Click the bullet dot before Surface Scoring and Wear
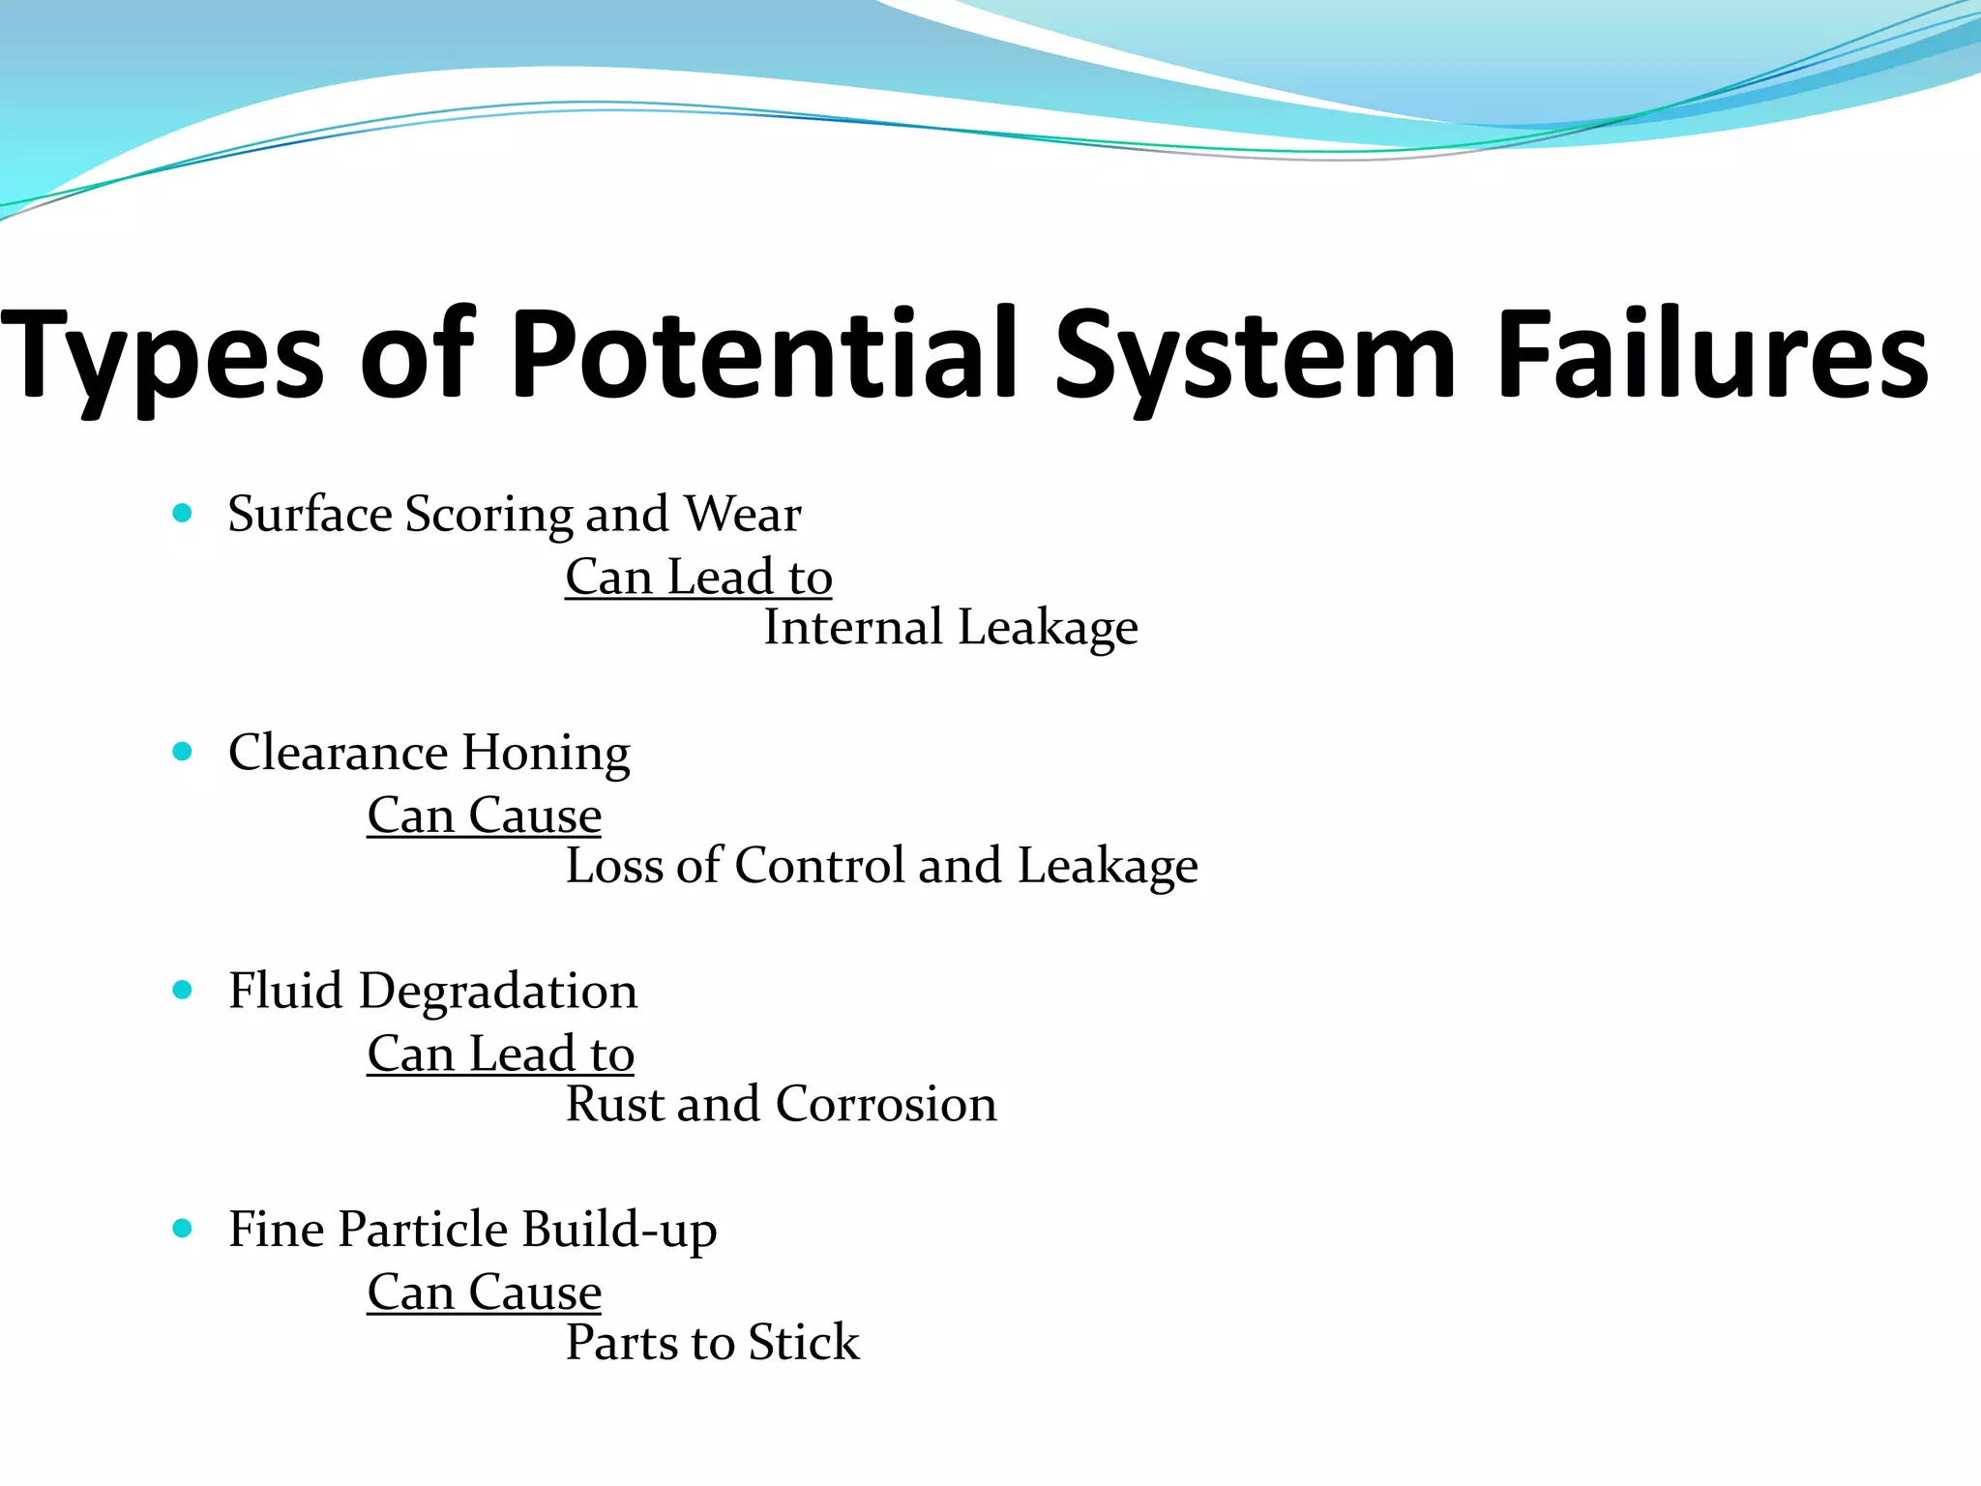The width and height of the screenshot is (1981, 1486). (x=182, y=513)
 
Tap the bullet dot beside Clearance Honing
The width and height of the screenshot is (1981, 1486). (x=182, y=751)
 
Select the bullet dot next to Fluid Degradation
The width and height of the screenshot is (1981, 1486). (x=182, y=990)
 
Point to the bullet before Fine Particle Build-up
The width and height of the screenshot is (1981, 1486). (x=182, y=1229)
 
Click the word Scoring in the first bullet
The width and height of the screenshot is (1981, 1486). (x=488, y=515)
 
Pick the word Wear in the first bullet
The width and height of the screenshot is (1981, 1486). (x=743, y=514)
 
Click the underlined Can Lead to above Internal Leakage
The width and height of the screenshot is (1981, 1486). (x=698, y=578)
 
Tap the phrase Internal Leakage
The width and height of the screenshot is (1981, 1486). (x=950, y=627)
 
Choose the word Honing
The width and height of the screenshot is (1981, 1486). (x=546, y=753)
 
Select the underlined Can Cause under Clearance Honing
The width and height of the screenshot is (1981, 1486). (x=484, y=816)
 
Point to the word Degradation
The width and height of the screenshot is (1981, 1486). (x=498, y=992)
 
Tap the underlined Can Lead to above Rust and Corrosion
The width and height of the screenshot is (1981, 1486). (x=500, y=1054)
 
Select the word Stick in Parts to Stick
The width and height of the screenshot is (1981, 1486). (x=803, y=1343)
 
